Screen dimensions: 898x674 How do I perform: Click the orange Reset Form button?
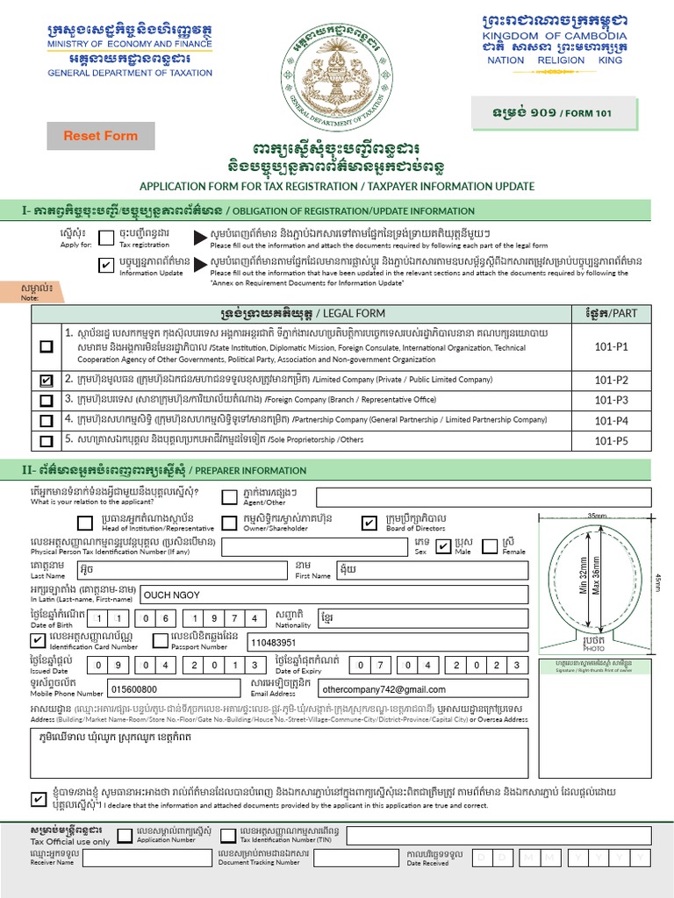[x=100, y=136]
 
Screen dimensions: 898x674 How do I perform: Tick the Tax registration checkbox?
[x=106, y=238]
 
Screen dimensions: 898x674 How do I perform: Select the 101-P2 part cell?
[x=611, y=380]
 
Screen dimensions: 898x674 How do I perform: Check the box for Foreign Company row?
[x=46, y=400]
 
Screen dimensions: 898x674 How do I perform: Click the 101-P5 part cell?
[x=611, y=440]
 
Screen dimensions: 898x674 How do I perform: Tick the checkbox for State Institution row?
[x=46, y=346]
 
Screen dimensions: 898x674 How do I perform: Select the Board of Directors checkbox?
[x=369, y=524]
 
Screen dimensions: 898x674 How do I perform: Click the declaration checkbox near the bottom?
[x=39, y=799]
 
